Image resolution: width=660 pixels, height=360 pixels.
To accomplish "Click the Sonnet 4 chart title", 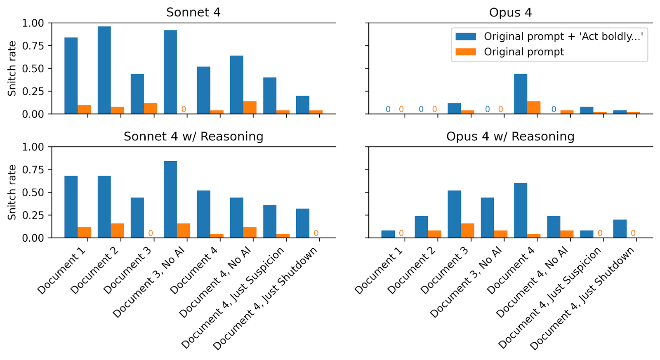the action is (x=193, y=12).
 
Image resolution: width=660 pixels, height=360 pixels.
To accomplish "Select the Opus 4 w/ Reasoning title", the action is (x=510, y=136).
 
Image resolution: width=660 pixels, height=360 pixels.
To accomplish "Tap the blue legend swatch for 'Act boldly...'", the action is (x=466, y=37).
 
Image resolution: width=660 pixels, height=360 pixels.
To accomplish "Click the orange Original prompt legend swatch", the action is (x=466, y=52).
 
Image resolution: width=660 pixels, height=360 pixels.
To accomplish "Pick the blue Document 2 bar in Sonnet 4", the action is (x=104, y=70).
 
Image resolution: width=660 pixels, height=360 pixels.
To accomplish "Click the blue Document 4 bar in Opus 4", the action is (x=521, y=94).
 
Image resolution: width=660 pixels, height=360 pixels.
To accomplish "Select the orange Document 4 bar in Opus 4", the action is (x=534, y=108).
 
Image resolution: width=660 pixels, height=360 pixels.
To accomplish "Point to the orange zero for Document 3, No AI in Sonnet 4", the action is (x=184, y=109).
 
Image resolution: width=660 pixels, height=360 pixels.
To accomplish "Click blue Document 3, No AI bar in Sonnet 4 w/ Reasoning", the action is (x=170, y=200).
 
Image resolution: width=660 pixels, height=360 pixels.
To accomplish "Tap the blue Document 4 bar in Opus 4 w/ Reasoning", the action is (x=521, y=210).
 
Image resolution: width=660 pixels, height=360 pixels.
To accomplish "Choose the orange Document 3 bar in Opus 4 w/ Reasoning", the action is (x=468, y=231).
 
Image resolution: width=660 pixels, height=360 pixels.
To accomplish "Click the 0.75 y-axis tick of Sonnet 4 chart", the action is (x=33, y=46).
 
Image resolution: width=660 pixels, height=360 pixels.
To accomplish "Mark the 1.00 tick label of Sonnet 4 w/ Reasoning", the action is (x=33, y=147).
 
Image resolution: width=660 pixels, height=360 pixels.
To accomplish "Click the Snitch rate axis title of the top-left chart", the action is (x=12, y=68).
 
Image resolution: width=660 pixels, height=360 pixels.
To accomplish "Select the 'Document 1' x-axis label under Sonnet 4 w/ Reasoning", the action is (x=61, y=271).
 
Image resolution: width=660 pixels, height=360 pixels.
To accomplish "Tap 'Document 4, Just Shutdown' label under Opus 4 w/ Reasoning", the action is (x=582, y=299).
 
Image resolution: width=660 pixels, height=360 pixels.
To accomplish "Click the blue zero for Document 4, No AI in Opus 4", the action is (x=554, y=109).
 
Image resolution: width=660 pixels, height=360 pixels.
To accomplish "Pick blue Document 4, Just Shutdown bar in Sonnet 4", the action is (x=303, y=105).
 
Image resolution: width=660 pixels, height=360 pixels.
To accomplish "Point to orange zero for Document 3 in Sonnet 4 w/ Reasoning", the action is (x=151, y=233).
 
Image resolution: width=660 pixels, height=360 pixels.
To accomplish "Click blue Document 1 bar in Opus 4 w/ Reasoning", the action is (x=388, y=234).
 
